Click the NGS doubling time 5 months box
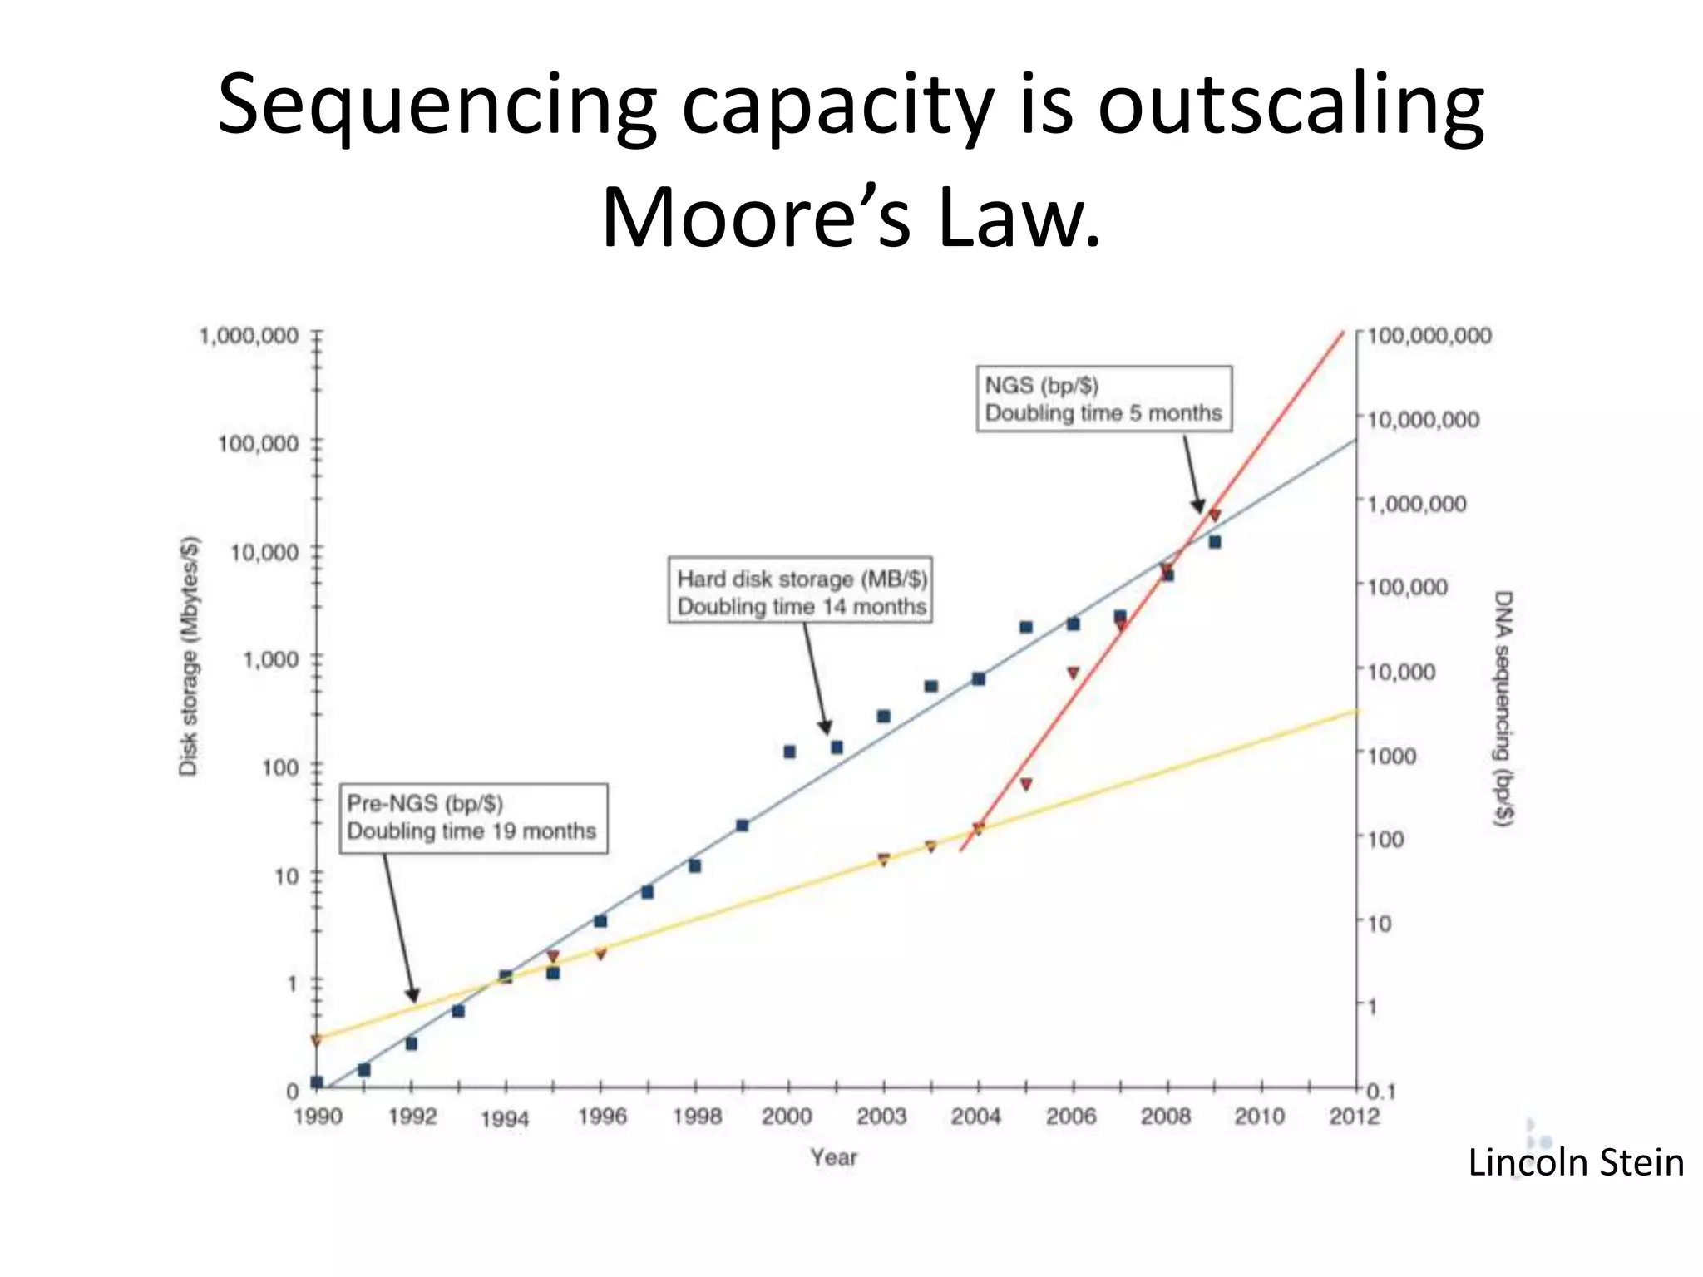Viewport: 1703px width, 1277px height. [x=1103, y=399]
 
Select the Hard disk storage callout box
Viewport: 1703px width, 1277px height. [x=801, y=591]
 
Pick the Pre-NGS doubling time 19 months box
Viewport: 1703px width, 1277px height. [x=473, y=818]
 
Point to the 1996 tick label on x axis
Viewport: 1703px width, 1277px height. [x=602, y=1116]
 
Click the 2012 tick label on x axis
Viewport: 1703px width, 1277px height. [x=1354, y=1116]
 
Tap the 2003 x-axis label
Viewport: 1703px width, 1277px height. [x=881, y=1116]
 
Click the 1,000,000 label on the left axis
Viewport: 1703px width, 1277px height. [x=249, y=336]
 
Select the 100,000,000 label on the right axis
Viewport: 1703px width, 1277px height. [x=1429, y=336]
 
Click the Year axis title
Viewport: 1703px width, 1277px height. [x=833, y=1156]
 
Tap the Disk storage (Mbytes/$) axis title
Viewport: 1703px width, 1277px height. [x=190, y=657]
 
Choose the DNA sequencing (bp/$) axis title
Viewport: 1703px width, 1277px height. [x=1503, y=708]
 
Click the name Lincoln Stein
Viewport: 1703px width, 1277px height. [x=1575, y=1162]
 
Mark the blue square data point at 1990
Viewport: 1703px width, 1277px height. [x=317, y=1082]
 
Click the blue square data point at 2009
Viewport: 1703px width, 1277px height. [x=1215, y=542]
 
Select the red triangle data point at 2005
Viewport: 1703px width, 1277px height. [x=1026, y=784]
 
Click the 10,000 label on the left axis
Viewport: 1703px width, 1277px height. [x=264, y=552]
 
